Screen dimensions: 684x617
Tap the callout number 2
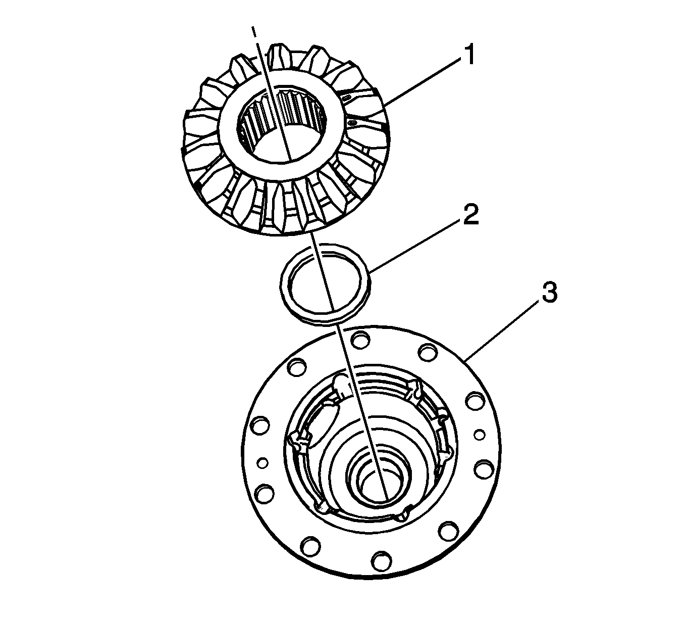[x=470, y=214]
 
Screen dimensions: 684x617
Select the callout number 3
[x=549, y=292]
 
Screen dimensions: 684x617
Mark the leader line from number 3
[x=503, y=330]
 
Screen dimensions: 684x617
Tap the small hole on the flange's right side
[x=480, y=435]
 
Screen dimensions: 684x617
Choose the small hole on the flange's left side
[x=262, y=463]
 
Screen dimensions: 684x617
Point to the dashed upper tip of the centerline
[x=253, y=31]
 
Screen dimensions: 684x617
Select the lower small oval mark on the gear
[x=353, y=122]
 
